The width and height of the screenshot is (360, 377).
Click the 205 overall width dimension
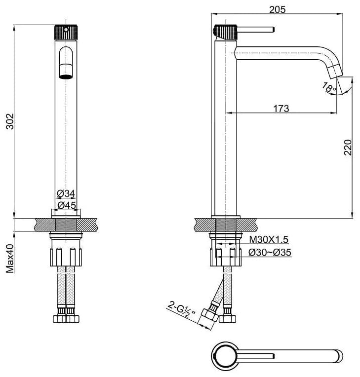point(277,9)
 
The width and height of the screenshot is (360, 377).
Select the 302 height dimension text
point(10,121)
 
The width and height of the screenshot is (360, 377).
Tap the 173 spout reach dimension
point(281,109)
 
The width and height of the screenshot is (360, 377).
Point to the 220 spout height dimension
point(348,148)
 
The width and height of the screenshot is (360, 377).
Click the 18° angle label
point(329,87)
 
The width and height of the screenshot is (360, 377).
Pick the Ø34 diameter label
point(66,193)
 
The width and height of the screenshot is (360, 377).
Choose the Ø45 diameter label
point(67,205)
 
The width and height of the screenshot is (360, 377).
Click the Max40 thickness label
point(10,259)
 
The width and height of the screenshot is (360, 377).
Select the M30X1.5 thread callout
point(269,239)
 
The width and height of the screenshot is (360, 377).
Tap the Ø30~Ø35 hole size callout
point(270,253)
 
